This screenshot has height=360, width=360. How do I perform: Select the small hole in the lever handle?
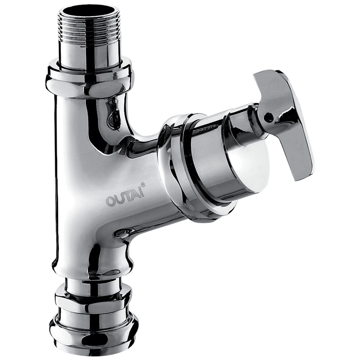coord(267,117)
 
